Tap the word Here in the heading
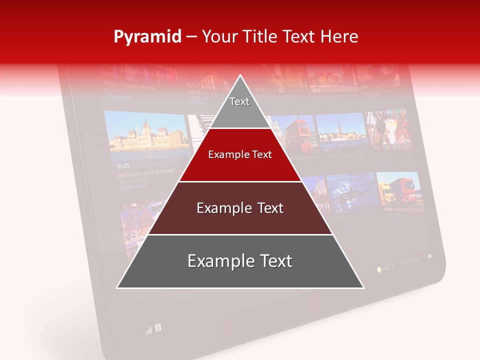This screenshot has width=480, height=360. tap(340, 37)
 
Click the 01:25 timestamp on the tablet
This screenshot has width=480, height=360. tap(123, 165)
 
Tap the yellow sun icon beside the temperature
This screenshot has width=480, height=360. tap(378, 269)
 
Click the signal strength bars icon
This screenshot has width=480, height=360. tap(148, 330)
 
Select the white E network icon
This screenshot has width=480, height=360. tap(158, 328)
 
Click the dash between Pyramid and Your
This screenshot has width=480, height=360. tap(191, 37)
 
